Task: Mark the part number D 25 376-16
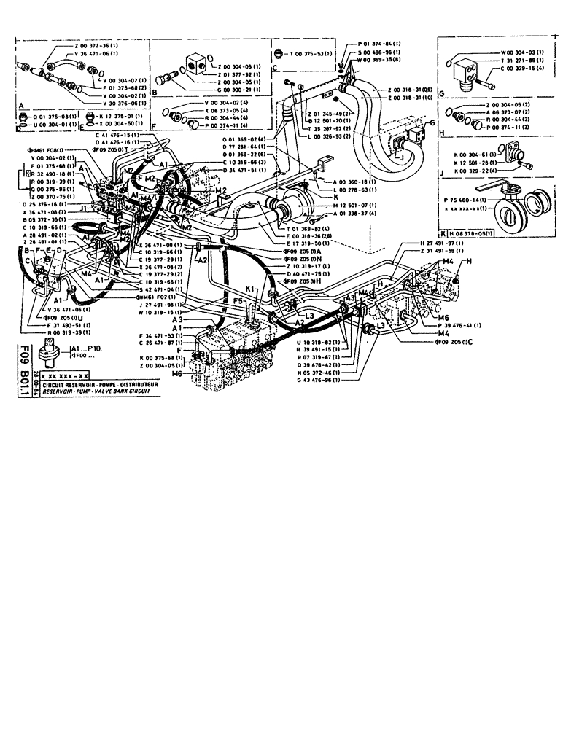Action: pyautogui.click(x=47, y=206)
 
